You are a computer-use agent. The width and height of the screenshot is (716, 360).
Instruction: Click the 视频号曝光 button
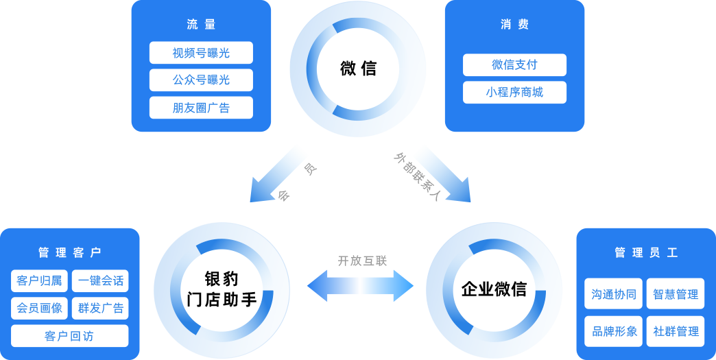coord(201,53)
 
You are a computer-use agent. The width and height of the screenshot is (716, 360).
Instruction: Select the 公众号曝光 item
coord(201,80)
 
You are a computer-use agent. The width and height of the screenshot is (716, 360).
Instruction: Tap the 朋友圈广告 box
coord(201,108)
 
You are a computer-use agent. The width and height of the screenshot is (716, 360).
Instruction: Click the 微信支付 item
coord(514,65)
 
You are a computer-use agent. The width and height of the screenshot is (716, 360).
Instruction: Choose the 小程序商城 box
coord(514,93)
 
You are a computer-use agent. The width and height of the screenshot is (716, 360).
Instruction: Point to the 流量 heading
coord(201,25)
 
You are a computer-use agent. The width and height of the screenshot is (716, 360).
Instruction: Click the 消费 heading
coord(514,25)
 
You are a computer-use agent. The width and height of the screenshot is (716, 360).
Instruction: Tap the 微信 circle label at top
coord(358,69)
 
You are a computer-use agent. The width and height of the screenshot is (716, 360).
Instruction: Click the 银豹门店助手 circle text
coord(222,289)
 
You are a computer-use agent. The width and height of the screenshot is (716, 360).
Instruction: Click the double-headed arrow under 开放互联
coord(360,285)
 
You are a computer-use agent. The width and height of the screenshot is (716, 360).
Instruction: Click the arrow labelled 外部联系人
coord(440,172)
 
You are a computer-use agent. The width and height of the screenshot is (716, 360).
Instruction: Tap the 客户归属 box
coord(40,281)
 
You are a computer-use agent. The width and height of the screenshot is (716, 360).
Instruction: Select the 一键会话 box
coord(100,281)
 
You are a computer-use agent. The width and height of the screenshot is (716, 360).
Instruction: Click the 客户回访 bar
coord(69,336)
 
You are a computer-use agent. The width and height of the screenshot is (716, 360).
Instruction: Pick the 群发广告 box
coord(100,309)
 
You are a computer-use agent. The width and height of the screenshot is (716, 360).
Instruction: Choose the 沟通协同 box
coord(614,294)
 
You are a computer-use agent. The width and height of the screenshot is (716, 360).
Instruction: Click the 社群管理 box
coord(676,331)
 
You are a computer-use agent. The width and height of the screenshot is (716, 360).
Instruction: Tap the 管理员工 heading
coord(645,253)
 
